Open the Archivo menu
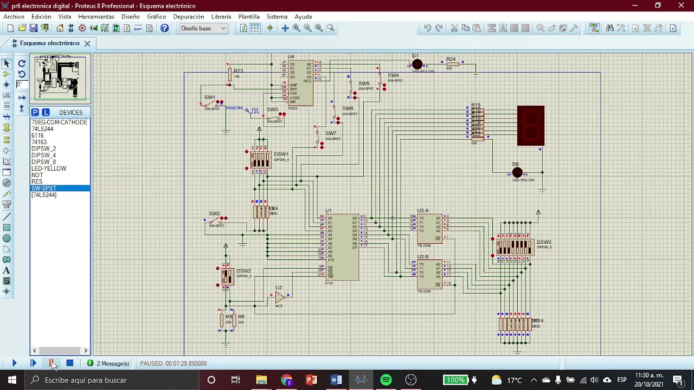click(14, 17)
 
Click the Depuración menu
click(189, 17)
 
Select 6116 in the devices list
click(37, 135)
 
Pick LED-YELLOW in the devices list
click(49, 168)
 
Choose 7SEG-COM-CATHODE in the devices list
click(59, 122)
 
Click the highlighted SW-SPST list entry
click(44, 188)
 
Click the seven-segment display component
click(530, 126)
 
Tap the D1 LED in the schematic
click(416, 64)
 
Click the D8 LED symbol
click(517, 173)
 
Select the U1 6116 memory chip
click(343, 247)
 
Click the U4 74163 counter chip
click(301, 82)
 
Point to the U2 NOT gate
click(279, 297)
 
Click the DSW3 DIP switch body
click(514, 247)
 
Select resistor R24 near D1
click(452, 64)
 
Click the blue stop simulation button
click(69, 363)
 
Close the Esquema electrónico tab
click(87, 43)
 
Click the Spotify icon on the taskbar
click(385, 380)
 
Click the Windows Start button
click(12, 380)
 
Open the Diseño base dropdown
click(203, 28)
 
